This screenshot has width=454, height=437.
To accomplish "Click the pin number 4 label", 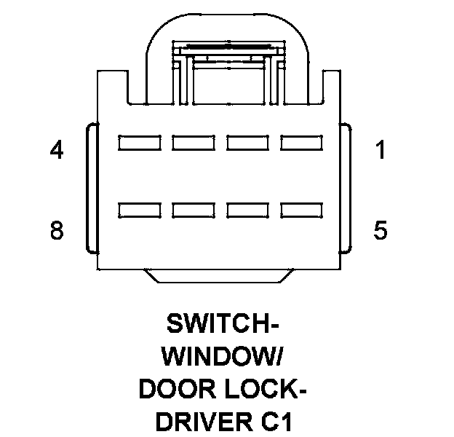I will click(x=56, y=151).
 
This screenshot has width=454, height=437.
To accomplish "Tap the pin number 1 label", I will click(x=380, y=151).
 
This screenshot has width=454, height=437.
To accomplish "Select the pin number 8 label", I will click(x=56, y=231).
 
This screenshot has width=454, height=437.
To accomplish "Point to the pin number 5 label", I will click(x=380, y=231).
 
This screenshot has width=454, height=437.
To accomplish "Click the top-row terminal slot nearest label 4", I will click(x=139, y=142).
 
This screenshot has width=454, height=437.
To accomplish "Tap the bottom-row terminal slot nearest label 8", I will click(x=139, y=210).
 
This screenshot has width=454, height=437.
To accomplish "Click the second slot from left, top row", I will click(x=194, y=142).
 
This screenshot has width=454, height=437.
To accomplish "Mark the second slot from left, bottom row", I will click(x=194, y=210).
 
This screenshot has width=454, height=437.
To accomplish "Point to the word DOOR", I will click(x=174, y=390).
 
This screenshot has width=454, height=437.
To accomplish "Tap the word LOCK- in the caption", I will click(x=262, y=390).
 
